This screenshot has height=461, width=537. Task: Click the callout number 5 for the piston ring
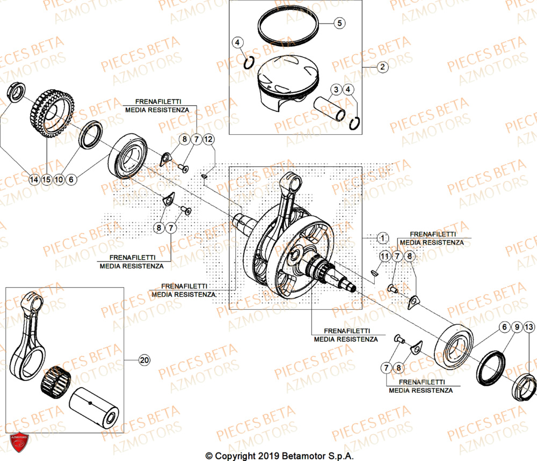(x=339, y=23)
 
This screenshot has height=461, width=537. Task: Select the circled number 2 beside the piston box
(x=382, y=68)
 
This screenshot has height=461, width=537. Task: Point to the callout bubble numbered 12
(x=209, y=140)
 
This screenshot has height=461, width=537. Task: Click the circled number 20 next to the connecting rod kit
(x=143, y=360)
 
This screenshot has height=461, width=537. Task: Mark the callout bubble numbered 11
(x=383, y=257)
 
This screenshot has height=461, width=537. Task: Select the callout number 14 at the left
(x=34, y=180)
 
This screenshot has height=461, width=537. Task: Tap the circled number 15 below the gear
(x=47, y=180)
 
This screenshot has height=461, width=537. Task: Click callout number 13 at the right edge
(x=529, y=327)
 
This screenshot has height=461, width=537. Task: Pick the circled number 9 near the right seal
(x=516, y=327)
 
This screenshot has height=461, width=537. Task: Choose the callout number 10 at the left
(x=59, y=180)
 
